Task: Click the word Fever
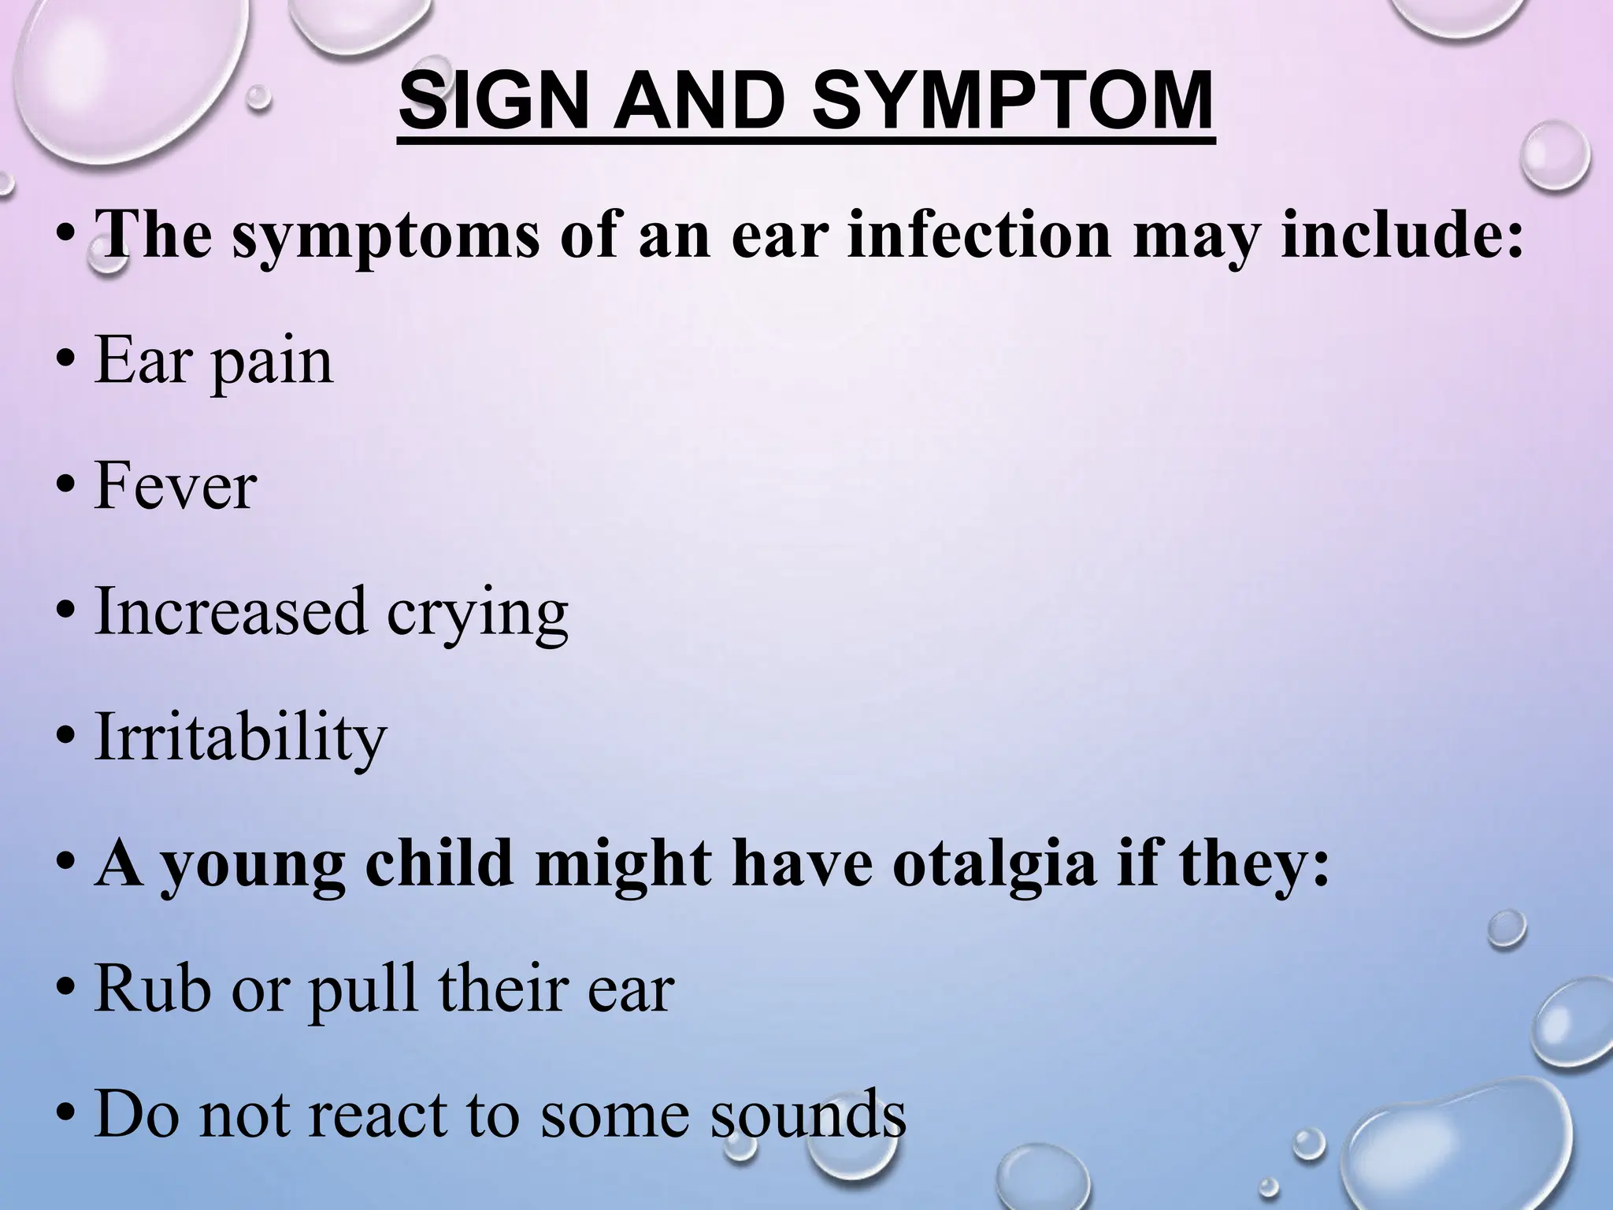point(176,486)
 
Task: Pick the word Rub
point(153,989)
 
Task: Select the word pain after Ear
point(273,362)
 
